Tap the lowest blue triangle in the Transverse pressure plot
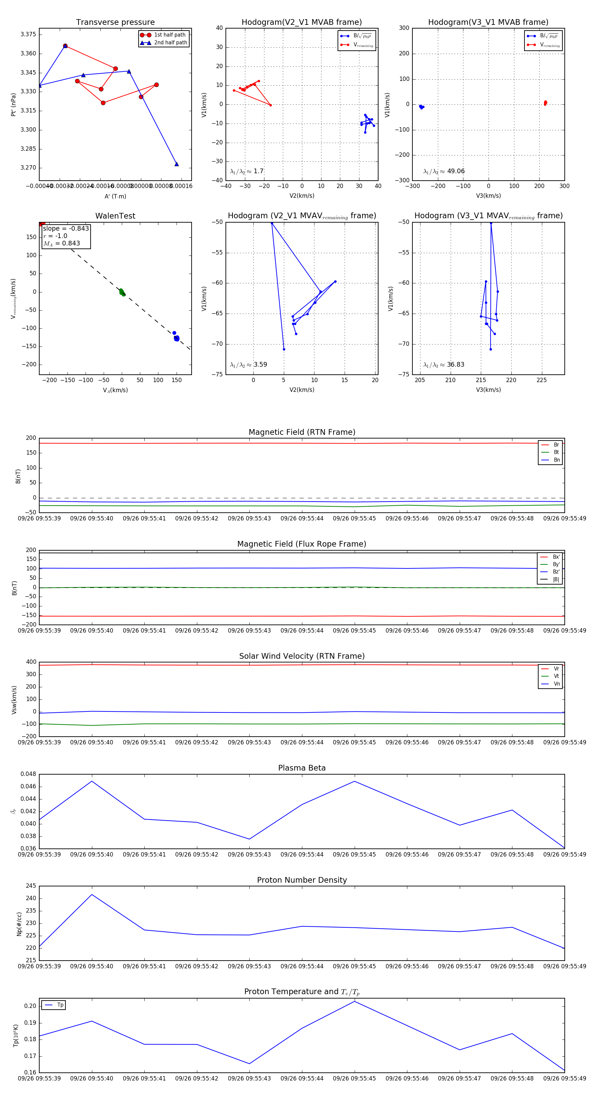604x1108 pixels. click(x=176, y=164)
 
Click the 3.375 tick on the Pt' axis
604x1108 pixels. click(x=29, y=34)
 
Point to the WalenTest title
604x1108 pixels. click(x=115, y=216)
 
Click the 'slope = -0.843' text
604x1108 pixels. click(x=66, y=228)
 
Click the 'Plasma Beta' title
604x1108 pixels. click(x=302, y=768)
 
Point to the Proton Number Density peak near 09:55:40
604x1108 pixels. click(x=92, y=895)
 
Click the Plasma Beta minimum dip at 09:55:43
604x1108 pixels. click(x=249, y=839)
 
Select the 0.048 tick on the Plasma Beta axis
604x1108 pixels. click(x=29, y=774)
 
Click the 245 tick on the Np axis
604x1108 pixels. click(x=31, y=886)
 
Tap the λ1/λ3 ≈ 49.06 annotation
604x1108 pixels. click(x=444, y=171)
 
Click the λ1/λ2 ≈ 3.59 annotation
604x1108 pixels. click(x=248, y=365)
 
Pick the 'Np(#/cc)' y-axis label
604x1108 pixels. click(x=19, y=924)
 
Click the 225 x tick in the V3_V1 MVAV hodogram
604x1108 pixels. click(x=542, y=380)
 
